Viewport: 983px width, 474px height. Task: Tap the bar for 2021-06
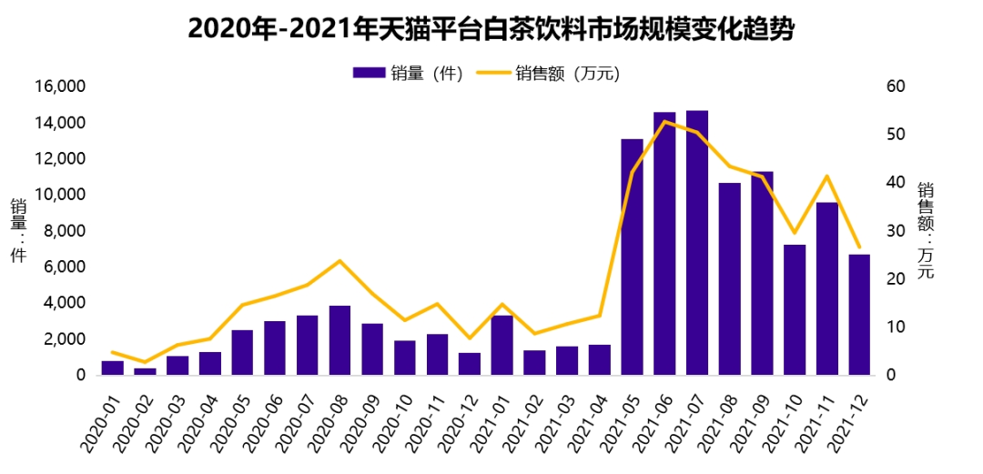tap(664, 244)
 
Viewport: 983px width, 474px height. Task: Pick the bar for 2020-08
tap(339, 340)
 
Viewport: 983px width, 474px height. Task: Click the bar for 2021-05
tap(632, 257)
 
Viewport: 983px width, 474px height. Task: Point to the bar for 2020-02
tap(145, 371)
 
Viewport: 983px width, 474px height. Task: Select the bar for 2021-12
tap(859, 315)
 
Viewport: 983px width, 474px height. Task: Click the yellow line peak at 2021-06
tap(665, 121)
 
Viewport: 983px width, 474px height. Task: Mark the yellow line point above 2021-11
tap(826, 176)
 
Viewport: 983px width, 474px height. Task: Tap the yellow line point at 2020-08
tap(339, 261)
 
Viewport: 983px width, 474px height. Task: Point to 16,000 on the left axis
tap(60, 86)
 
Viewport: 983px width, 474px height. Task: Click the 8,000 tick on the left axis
tap(66, 231)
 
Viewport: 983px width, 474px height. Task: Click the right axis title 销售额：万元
tap(926, 231)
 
